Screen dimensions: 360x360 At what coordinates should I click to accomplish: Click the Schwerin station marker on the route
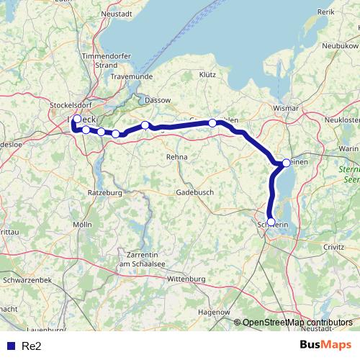(271, 222)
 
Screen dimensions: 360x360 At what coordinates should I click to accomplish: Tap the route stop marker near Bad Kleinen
(286, 163)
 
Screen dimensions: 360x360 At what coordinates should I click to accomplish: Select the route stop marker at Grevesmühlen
(212, 123)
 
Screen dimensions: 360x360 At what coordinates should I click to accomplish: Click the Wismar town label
(285, 108)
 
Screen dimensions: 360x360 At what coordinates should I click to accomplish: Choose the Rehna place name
(176, 156)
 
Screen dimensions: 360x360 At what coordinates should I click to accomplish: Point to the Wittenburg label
(186, 279)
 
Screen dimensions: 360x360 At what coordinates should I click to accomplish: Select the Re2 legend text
(31, 346)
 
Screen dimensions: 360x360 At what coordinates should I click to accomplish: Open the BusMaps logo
(325, 345)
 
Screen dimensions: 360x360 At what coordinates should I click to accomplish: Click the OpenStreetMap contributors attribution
(297, 323)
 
